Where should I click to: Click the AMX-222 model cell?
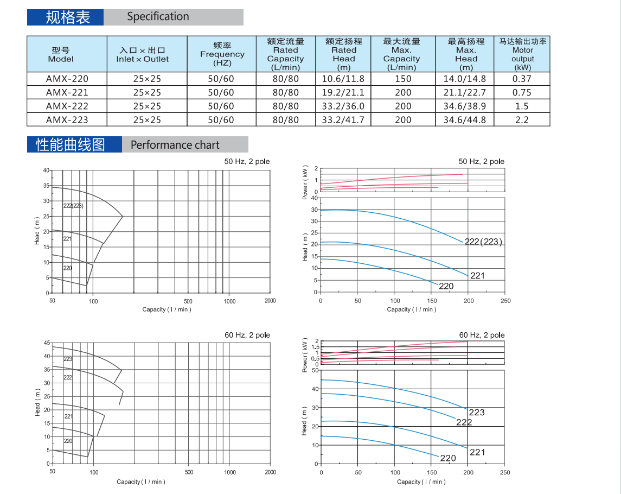tap(67, 106)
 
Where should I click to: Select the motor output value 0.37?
tap(522, 79)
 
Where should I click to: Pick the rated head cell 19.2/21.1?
tap(343, 93)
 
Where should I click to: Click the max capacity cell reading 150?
tap(403, 79)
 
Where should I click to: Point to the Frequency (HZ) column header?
tap(222, 54)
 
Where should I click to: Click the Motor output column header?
tap(522, 54)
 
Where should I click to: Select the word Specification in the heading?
tap(158, 17)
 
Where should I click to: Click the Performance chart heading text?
tap(175, 145)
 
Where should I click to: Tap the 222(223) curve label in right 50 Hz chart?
tap(484, 242)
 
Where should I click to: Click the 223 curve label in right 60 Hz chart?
tap(477, 413)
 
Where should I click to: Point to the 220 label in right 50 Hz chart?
tap(446, 286)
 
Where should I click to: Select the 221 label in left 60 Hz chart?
tap(68, 416)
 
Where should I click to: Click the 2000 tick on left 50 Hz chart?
tap(270, 301)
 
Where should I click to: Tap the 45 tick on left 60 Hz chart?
tap(47, 343)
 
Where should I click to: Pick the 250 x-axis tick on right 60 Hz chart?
tap(505, 472)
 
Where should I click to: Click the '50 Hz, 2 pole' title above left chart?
tap(247, 162)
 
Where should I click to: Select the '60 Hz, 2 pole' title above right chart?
tap(482, 335)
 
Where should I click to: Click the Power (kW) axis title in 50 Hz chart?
tap(305, 181)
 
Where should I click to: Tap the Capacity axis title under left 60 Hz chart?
tap(141, 482)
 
